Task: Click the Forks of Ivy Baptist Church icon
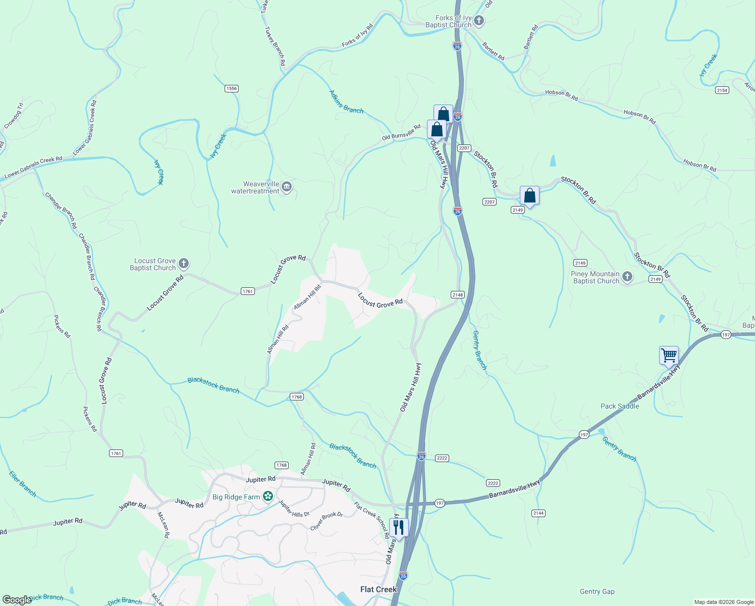[479, 21]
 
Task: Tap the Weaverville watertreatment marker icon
[287, 187]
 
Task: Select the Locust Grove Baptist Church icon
[184, 264]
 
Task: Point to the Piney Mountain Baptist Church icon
[627, 277]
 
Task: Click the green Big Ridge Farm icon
[268, 496]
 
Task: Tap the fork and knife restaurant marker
[399, 528]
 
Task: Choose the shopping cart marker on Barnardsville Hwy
[669, 355]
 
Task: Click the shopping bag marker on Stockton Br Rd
[529, 195]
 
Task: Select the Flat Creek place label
[379, 589]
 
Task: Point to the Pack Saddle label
[620, 406]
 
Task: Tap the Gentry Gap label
[597, 591]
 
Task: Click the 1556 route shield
[231, 88]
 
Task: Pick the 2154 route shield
[722, 90]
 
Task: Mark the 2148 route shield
[457, 294]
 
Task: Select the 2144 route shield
[538, 513]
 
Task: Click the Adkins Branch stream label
[346, 102]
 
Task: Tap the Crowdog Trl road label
[14, 116]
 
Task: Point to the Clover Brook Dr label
[327, 522]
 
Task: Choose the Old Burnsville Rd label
[401, 133]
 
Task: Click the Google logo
[17, 600]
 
